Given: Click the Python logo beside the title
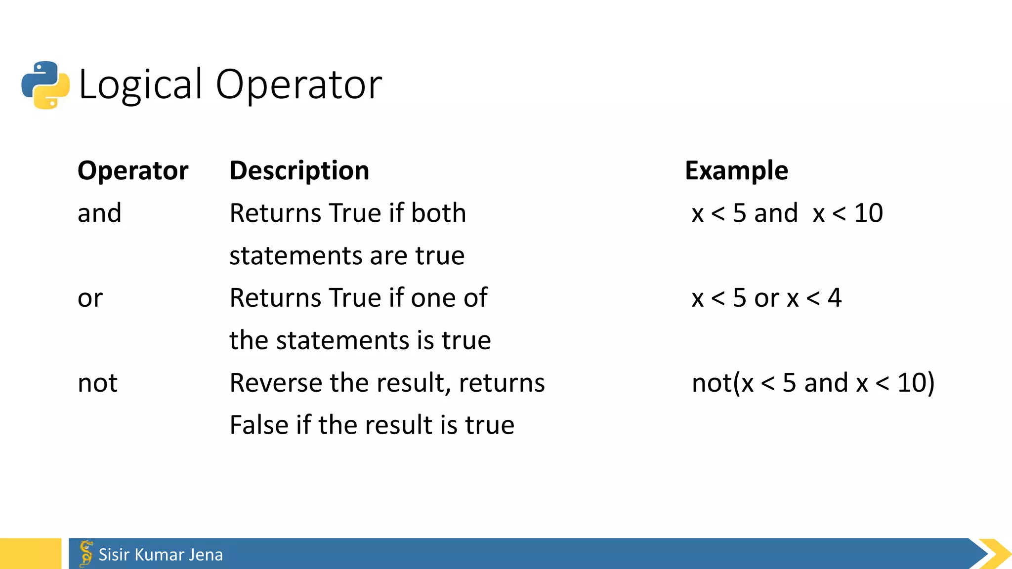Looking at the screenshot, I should click(x=45, y=85).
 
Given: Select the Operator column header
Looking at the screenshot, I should click(x=133, y=171).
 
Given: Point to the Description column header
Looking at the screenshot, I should click(x=299, y=171).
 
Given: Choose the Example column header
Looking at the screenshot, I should click(x=736, y=171).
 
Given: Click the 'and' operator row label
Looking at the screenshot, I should click(x=99, y=213).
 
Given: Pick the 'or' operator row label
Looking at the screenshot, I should click(x=90, y=298).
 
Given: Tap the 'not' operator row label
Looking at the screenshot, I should click(x=97, y=383).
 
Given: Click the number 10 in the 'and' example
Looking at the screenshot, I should click(x=868, y=213).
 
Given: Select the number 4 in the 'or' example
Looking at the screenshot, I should click(x=835, y=298).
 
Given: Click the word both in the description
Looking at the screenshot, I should click(x=438, y=213).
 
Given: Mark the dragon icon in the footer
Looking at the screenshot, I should click(x=86, y=554).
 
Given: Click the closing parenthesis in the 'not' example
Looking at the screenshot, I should click(x=930, y=383).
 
